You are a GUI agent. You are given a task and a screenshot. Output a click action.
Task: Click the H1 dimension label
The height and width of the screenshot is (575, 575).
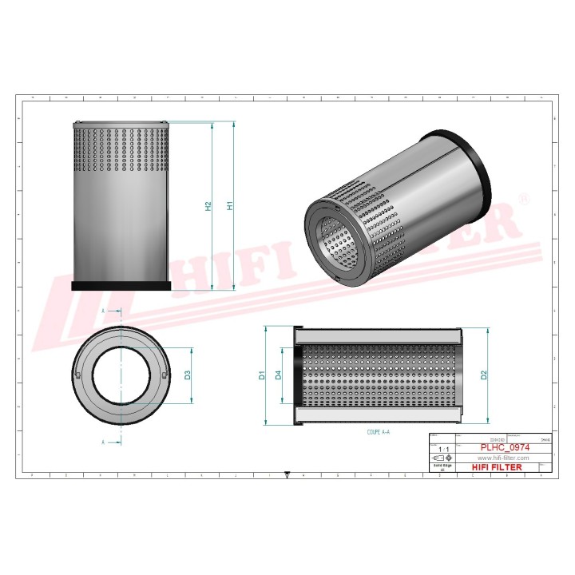click(x=230, y=206)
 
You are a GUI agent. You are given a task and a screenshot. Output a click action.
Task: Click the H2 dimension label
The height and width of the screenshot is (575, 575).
click(x=208, y=206)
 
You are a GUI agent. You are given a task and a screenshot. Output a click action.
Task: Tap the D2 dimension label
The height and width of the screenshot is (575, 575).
click(x=483, y=375)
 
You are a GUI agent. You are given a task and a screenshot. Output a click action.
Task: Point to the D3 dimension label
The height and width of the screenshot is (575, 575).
click(x=188, y=375)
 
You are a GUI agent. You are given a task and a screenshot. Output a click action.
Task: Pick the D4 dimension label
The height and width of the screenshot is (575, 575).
click(x=279, y=375)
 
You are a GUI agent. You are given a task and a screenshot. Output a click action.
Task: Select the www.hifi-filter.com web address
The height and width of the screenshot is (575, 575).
click(x=498, y=458)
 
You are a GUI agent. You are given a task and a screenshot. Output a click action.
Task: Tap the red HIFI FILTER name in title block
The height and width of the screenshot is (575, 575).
click(x=498, y=467)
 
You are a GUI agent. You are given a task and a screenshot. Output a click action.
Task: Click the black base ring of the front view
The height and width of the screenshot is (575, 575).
click(x=121, y=286)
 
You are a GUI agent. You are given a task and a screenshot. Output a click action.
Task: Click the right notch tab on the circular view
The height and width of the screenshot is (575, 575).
click(x=164, y=375)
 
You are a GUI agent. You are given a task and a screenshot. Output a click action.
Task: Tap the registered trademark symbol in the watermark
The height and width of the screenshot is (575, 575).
click(x=523, y=196)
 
